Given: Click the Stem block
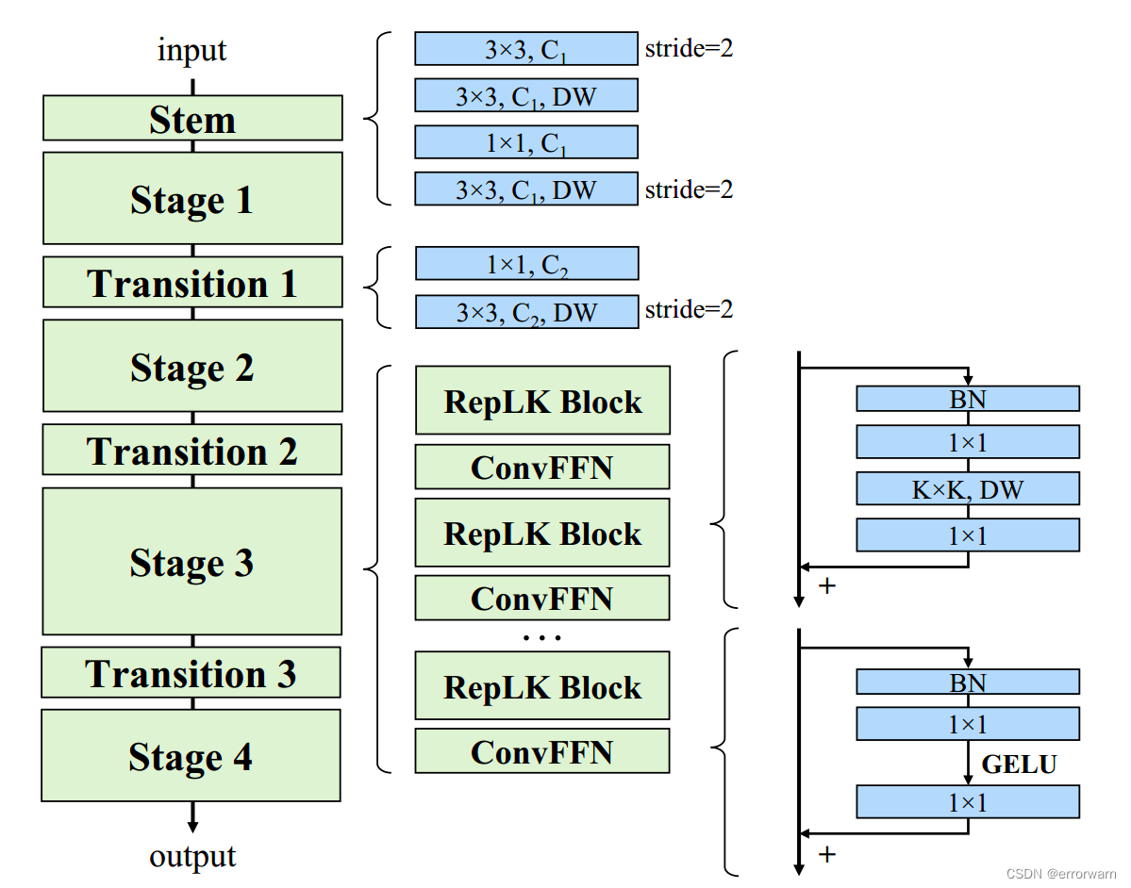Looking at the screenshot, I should pyautogui.click(x=192, y=119).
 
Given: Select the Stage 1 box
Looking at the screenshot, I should pyautogui.click(x=192, y=199).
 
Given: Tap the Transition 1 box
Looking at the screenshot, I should pyautogui.click(x=192, y=283).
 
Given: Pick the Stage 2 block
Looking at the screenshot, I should pyautogui.click(x=192, y=367).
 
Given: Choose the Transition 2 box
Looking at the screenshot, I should pyautogui.click(x=192, y=451).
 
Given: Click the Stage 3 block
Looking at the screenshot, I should pyautogui.click(x=192, y=562).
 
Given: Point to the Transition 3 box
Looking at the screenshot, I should pyautogui.click(x=191, y=673).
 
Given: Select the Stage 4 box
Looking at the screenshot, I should pyautogui.click(x=191, y=756).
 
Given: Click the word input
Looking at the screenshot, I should pyautogui.click(x=192, y=49).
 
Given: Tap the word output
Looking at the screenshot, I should pyautogui.click(x=192, y=856).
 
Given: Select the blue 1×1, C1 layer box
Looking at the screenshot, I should pyautogui.click(x=526, y=142).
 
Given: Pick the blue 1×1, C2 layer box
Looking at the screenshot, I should pyautogui.click(x=526, y=265).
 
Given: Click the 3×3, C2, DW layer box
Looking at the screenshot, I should pyautogui.click(x=526, y=312).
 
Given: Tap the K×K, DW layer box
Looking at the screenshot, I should pyautogui.click(x=968, y=488).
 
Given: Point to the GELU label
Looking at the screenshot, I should pyautogui.click(x=1020, y=764).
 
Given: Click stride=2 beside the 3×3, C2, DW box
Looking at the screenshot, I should pyautogui.click(x=689, y=309).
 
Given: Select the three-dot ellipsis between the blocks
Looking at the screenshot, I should pyautogui.click(x=541, y=638).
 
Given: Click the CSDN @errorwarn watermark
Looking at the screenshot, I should pyautogui.click(x=1061, y=874).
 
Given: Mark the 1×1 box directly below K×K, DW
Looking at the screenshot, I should pyautogui.click(x=968, y=535).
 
